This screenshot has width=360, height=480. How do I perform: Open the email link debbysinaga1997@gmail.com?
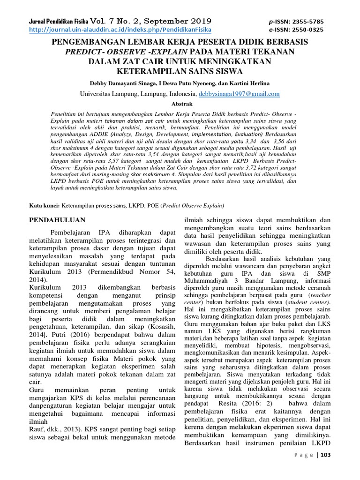coord(239,94)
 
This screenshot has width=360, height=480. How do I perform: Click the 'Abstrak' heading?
coord(180,104)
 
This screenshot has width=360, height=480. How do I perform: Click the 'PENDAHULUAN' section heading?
coord(57,219)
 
